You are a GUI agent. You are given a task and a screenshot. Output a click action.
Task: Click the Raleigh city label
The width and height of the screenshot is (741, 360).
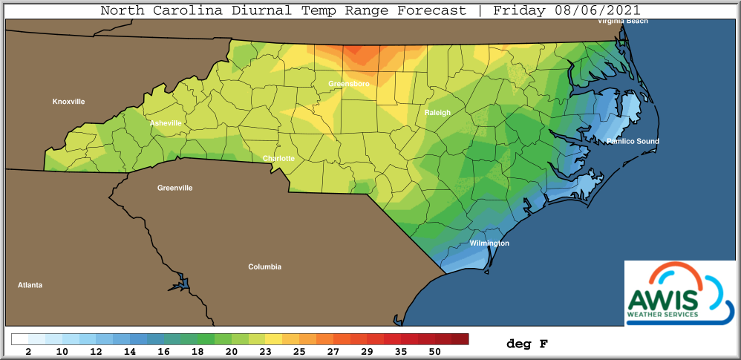[437, 112]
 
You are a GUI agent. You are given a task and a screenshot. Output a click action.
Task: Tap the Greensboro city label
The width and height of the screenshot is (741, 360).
[348, 84]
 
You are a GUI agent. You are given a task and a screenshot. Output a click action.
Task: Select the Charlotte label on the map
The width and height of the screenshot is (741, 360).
[278, 158]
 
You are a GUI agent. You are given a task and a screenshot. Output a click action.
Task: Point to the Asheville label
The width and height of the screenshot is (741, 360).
[166, 122]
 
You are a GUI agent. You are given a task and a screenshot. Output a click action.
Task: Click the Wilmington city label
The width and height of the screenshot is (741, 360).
[489, 243]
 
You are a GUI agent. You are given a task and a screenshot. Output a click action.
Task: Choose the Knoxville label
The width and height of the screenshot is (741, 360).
[68, 101]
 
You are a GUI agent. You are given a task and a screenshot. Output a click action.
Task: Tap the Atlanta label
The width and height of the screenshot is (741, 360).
[30, 284]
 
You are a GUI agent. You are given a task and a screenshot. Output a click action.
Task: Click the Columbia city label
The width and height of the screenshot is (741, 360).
[264, 266]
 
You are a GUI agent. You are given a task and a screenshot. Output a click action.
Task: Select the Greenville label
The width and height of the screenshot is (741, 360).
[174, 188]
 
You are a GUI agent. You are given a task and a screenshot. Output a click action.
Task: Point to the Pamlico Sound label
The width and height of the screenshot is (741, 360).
[632, 141]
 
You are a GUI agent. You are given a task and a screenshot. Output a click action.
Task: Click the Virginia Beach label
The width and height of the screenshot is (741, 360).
[624, 21]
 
